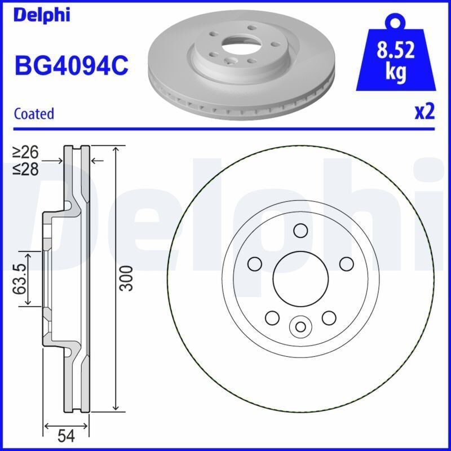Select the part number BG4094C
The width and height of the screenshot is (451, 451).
(71, 67)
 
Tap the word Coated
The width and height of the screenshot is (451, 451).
(34, 113)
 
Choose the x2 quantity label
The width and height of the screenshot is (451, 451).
(425, 112)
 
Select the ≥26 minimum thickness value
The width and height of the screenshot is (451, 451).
(26, 152)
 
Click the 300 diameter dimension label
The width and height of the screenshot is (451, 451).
(128, 277)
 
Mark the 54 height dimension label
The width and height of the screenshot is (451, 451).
(67, 436)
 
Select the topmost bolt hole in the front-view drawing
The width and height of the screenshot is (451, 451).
(300, 230)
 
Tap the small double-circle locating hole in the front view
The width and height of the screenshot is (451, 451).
(300, 326)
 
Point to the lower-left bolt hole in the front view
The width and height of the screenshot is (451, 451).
(272, 318)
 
